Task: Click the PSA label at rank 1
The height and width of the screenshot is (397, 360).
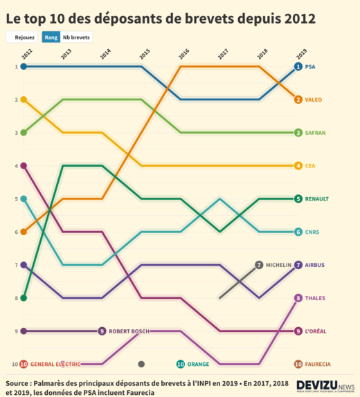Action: (x=310, y=66)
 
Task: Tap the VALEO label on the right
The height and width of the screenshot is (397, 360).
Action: (x=314, y=100)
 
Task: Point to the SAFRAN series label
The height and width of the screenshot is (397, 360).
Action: (x=316, y=133)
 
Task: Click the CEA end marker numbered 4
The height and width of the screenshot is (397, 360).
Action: (x=298, y=165)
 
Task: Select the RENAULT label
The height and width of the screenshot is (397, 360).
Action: (x=317, y=198)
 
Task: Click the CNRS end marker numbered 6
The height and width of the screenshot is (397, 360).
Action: (x=298, y=232)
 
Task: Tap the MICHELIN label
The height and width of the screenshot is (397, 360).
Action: (x=279, y=265)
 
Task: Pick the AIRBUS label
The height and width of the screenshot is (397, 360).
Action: (x=315, y=265)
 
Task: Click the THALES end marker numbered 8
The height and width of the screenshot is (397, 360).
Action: (x=298, y=298)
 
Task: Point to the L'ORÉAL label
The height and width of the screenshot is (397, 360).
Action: (x=316, y=331)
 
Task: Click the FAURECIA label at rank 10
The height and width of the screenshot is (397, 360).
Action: (x=318, y=364)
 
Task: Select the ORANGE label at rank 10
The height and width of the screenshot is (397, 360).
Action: (x=198, y=364)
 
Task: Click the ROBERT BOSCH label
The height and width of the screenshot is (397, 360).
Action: (x=129, y=331)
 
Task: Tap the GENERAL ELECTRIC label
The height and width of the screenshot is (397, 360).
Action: (x=55, y=364)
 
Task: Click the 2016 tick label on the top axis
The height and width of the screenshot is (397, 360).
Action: (x=183, y=53)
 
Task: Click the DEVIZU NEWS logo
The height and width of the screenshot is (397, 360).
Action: (x=325, y=385)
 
